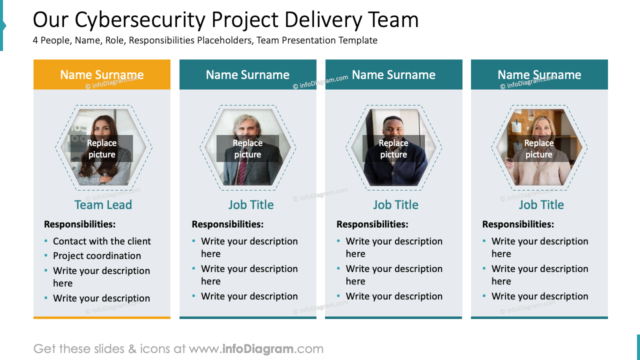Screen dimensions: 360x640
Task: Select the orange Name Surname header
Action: (102, 74)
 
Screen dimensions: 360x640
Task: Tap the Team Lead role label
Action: (103, 204)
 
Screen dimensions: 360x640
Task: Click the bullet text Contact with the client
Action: (102, 241)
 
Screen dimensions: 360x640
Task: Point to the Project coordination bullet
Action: (97, 255)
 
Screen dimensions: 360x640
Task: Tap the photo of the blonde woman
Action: (539, 122)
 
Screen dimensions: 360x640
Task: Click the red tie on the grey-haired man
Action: (242, 172)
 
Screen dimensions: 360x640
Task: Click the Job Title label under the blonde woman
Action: (541, 204)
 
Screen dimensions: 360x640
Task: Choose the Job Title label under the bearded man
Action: (251, 204)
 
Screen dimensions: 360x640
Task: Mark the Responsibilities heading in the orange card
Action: (80, 224)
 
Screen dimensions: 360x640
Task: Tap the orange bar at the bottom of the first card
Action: (102, 317)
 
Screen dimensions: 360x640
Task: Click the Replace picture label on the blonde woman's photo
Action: (539, 148)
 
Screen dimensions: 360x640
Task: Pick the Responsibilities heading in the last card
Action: (518, 224)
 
